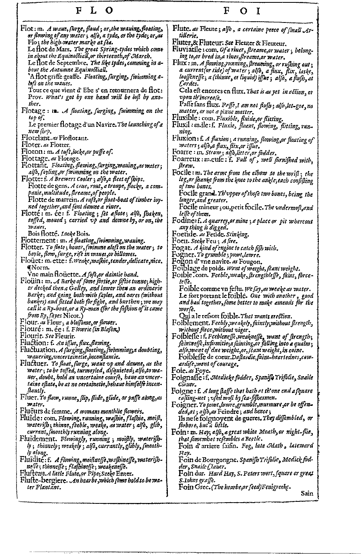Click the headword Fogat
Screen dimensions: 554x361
181,248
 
